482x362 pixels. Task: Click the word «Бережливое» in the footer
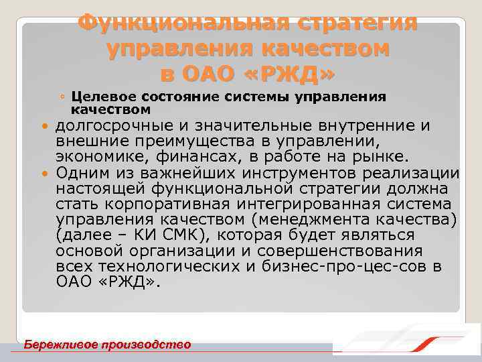59,345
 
